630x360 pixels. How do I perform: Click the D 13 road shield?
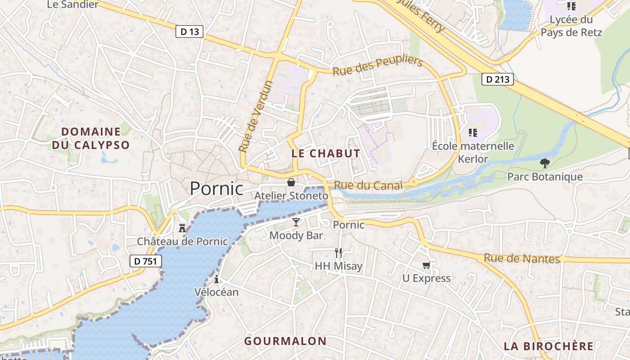click(x=189, y=31)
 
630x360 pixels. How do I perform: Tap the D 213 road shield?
click(x=498, y=80)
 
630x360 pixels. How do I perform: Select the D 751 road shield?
click(x=146, y=261)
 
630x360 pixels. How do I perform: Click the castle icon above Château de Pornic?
click(x=182, y=228)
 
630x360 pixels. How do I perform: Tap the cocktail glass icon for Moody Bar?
click(x=296, y=222)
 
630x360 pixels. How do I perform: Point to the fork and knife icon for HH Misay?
click(x=338, y=252)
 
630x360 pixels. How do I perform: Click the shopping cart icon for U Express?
click(x=426, y=265)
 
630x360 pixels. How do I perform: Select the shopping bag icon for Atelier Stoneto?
click(x=291, y=182)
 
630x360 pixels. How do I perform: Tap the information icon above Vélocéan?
click(x=216, y=279)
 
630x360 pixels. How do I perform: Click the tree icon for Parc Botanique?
click(x=545, y=163)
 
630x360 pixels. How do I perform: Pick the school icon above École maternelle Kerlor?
click(x=472, y=132)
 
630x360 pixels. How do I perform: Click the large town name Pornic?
click(x=216, y=188)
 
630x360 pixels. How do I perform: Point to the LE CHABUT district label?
click(x=326, y=153)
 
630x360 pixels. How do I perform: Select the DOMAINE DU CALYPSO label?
click(x=91, y=138)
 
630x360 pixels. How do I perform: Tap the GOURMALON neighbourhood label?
click(x=285, y=341)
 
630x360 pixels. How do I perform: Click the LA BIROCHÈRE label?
click(x=549, y=346)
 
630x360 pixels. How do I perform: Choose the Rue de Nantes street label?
click(x=522, y=259)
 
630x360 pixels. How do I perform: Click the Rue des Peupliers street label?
click(x=378, y=66)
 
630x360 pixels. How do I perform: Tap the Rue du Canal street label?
click(x=368, y=185)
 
